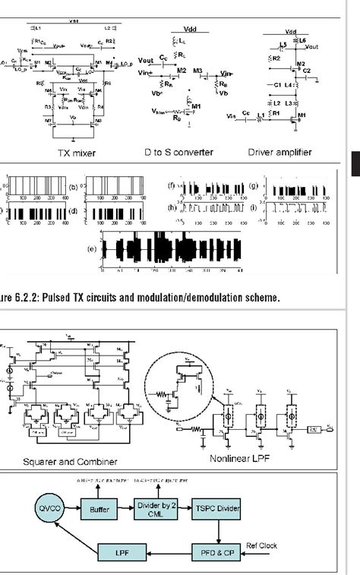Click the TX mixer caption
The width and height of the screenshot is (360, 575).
coord(77,152)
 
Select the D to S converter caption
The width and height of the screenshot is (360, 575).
coord(179,152)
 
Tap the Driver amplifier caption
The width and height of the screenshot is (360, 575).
coord(279,152)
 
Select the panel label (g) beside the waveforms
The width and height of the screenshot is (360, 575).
coord(256,185)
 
